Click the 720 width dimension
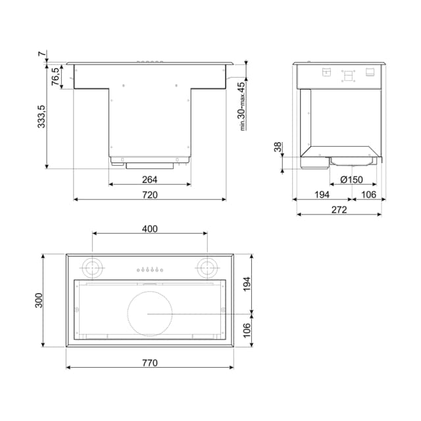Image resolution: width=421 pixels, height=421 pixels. (149, 194)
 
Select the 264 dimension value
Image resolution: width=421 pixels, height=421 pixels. (149, 179)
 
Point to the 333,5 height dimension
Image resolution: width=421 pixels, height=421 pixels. (42, 116)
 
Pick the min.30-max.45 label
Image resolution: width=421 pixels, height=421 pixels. (242, 105)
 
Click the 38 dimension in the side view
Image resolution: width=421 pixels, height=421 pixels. (278, 147)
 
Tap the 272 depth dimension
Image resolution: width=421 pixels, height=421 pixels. (339, 210)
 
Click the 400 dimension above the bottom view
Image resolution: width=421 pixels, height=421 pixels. (149, 229)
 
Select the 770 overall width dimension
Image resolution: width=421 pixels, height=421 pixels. (149, 362)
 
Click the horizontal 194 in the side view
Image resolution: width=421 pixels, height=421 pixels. (322, 194)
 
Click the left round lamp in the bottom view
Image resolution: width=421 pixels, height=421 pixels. (91, 268)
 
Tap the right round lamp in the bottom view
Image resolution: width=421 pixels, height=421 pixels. (207, 268)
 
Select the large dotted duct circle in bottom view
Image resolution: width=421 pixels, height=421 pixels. (149, 314)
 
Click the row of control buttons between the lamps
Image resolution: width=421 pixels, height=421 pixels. (149, 269)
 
